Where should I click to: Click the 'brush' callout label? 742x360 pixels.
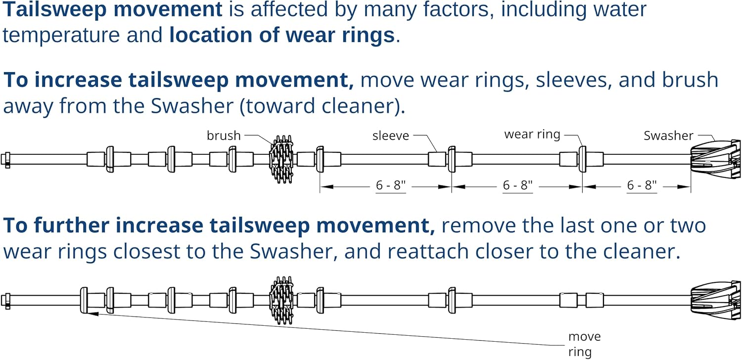click(224, 136)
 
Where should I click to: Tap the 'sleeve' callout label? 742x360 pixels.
click(391, 136)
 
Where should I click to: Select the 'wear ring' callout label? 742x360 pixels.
click(532, 135)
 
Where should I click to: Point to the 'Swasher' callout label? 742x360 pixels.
click(668, 136)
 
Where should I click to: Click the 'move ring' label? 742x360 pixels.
click(584, 344)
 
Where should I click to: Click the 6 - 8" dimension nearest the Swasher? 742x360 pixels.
click(642, 185)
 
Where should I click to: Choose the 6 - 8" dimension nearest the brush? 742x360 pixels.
click(391, 185)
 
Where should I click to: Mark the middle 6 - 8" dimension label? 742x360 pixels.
click(517, 185)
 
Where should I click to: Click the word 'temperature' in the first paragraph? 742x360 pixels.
click(82, 35)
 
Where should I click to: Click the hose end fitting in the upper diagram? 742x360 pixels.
click(6, 160)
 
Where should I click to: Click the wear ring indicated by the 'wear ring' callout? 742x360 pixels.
click(582, 159)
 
